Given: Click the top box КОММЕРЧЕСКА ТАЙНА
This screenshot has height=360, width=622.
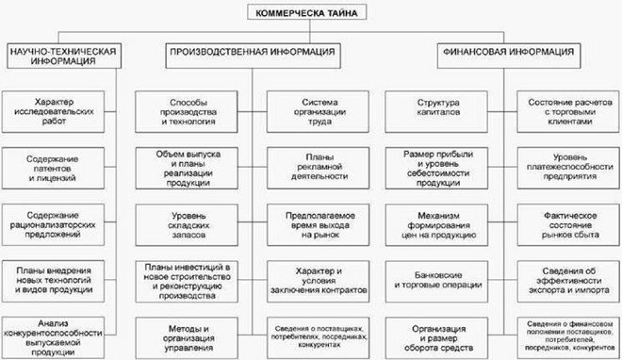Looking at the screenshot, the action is click(x=312, y=12).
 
